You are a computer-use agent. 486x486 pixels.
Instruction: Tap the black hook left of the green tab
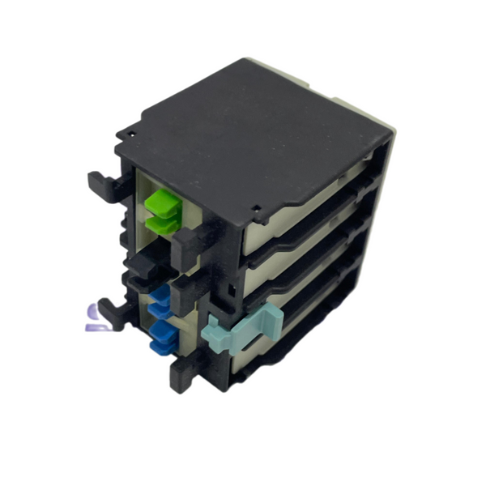pyautogui.click(x=102, y=185)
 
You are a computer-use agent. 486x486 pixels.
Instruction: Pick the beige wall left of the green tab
pyautogui.click(x=139, y=194)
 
